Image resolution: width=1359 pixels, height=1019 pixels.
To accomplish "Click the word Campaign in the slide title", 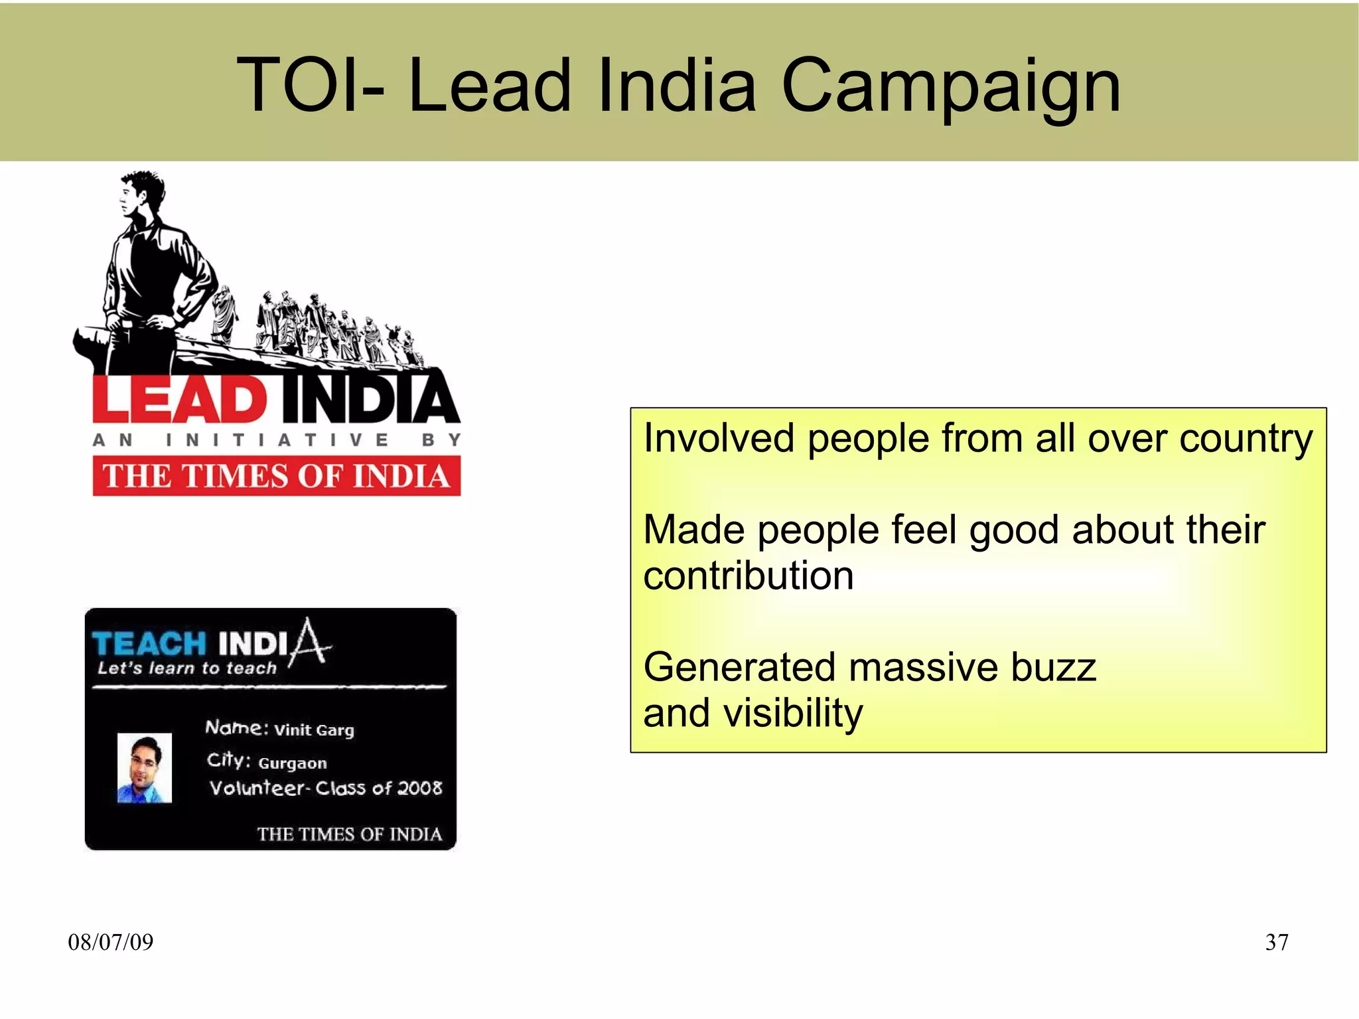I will (951, 86).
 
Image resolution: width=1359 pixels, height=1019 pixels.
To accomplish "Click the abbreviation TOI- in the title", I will (310, 86).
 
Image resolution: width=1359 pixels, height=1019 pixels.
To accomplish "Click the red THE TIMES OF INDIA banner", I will (276, 476).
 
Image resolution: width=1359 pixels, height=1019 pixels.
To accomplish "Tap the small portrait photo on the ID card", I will (145, 768).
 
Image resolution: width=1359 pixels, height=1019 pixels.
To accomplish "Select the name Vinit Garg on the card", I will (314, 730).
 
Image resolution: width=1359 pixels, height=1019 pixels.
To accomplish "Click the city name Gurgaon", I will (292, 763).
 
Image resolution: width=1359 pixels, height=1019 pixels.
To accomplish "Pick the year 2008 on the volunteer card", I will (419, 788).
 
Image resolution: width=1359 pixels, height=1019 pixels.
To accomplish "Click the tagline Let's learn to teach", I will (186, 668).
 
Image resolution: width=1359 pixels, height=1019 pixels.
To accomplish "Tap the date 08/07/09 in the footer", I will (111, 942).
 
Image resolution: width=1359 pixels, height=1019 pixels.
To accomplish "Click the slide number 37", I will (1277, 942).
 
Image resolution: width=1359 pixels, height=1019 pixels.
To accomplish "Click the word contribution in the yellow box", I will (749, 576).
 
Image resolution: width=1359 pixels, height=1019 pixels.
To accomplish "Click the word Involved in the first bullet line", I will (719, 438).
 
